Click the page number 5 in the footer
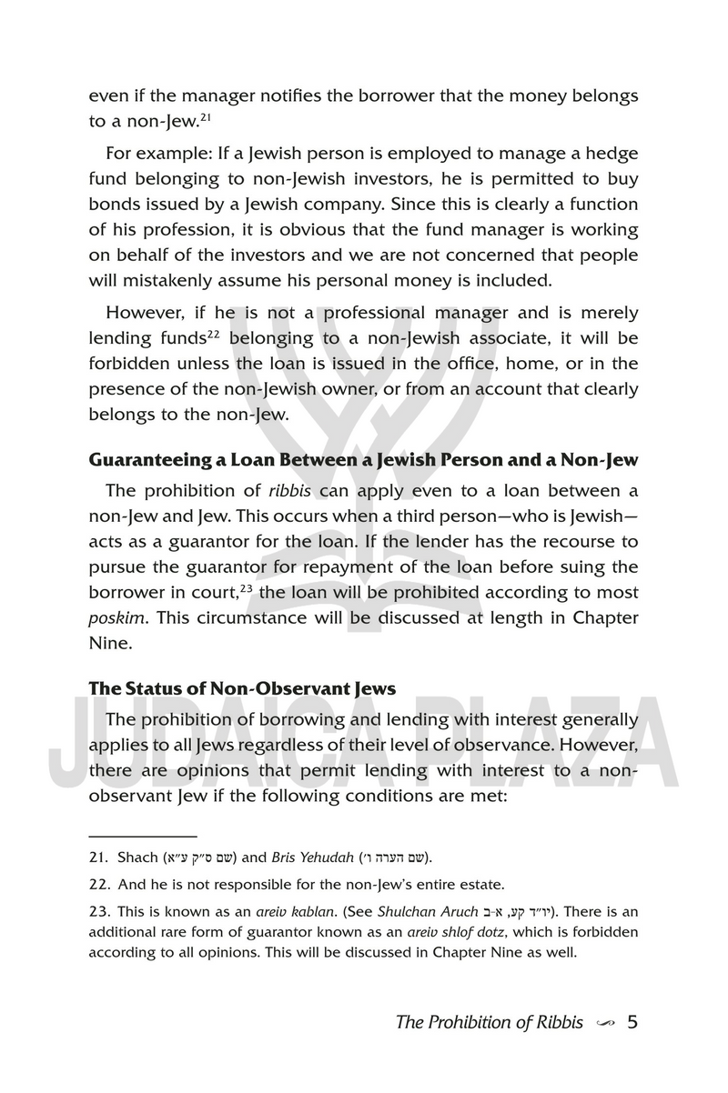click(x=632, y=1021)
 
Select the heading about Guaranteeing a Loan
click(x=363, y=459)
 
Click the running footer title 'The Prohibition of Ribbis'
click(x=489, y=1021)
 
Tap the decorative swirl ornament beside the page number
click(x=603, y=1023)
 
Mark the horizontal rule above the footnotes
click(x=143, y=834)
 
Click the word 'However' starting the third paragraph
click(x=146, y=313)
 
